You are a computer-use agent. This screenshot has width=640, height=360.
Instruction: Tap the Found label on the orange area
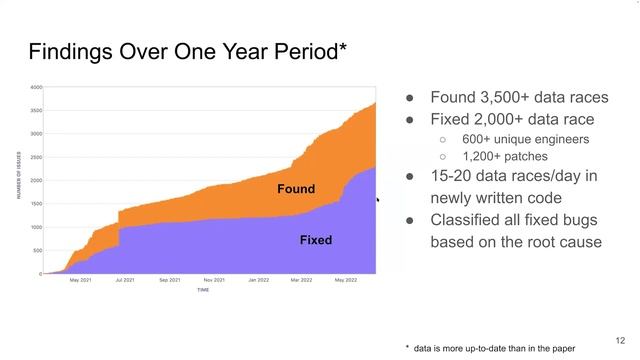(296, 189)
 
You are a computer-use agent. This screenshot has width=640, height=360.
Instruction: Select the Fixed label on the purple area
(316, 240)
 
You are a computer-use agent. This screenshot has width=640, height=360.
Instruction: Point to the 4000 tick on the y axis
(36, 87)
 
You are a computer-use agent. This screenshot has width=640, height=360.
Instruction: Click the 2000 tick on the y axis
(36, 180)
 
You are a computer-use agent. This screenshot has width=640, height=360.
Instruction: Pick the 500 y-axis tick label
(37, 250)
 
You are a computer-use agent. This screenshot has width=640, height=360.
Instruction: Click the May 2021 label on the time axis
(80, 280)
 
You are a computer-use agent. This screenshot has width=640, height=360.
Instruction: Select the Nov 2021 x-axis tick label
(213, 280)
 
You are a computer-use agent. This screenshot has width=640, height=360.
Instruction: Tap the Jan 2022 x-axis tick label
(259, 280)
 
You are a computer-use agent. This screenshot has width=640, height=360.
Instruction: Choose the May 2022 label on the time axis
(345, 280)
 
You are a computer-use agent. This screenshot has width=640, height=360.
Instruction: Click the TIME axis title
(203, 290)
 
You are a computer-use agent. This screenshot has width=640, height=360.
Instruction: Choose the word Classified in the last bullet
(468, 220)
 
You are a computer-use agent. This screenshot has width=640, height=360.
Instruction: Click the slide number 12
(620, 340)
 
